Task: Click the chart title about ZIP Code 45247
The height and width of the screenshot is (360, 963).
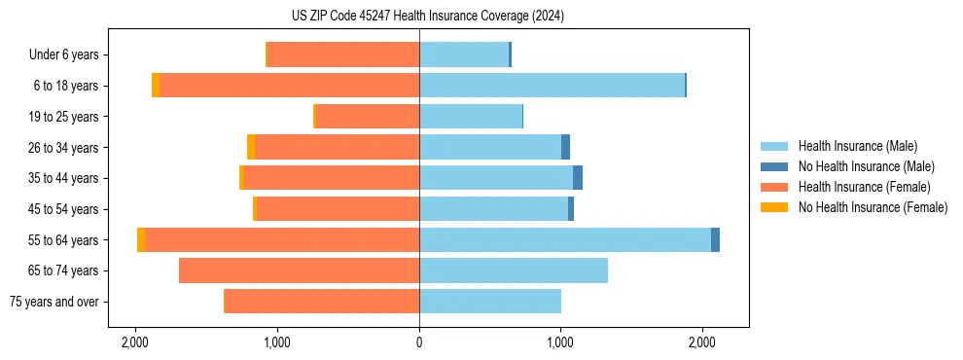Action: point(427,16)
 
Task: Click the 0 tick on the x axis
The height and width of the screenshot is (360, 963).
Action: point(419,342)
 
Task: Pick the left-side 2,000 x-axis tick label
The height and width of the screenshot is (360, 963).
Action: point(135,342)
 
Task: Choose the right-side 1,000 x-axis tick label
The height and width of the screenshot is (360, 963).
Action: point(560,342)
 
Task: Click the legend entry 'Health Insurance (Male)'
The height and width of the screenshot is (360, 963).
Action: point(857,146)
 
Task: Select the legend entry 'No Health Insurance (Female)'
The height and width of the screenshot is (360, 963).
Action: point(873,207)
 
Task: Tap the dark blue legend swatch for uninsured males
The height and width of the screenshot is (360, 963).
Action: point(775,166)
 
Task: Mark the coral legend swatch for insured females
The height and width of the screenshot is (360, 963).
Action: point(775,187)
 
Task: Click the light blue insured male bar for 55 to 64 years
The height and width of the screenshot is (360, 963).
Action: point(564,240)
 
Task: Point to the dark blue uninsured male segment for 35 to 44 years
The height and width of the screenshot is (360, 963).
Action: point(578,178)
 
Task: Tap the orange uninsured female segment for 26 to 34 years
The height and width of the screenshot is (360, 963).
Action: point(251,147)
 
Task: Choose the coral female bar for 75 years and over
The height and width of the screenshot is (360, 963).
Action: point(321,302)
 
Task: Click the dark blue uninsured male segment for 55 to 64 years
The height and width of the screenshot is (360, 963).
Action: point(715,240)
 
